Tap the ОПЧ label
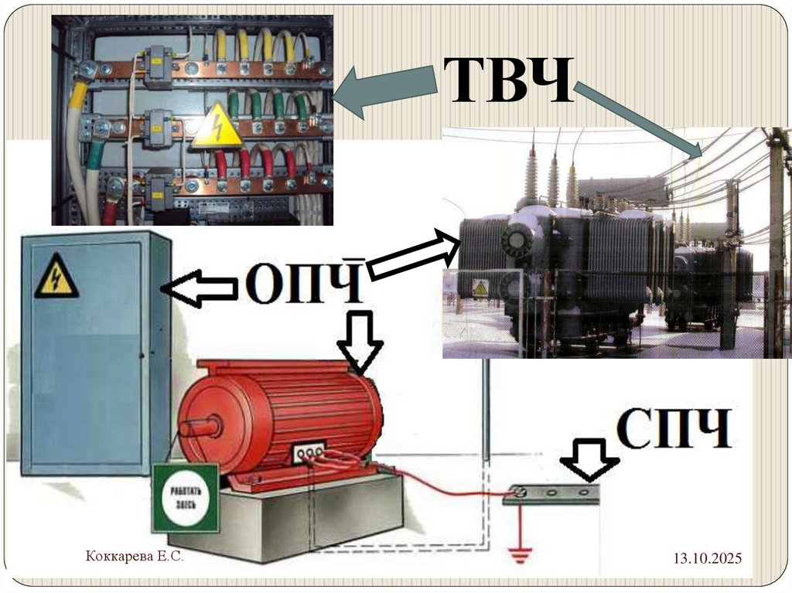click(x=305, y=284)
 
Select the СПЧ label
click(x=674, y=429)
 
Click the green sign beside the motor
click(x=185, y=498)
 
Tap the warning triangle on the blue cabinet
click(x=56, y=279)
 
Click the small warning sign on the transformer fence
click(x=480, y=288)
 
